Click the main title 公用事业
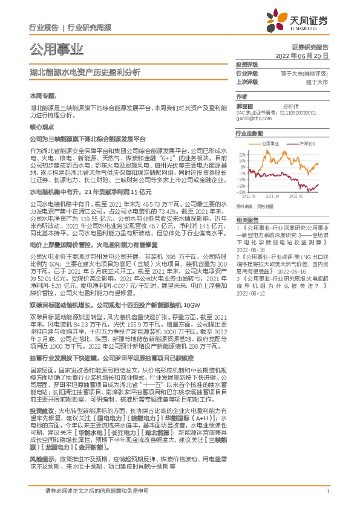click(56, 49)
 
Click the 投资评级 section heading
click(247, 64)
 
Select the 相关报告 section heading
click(247, 220)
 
